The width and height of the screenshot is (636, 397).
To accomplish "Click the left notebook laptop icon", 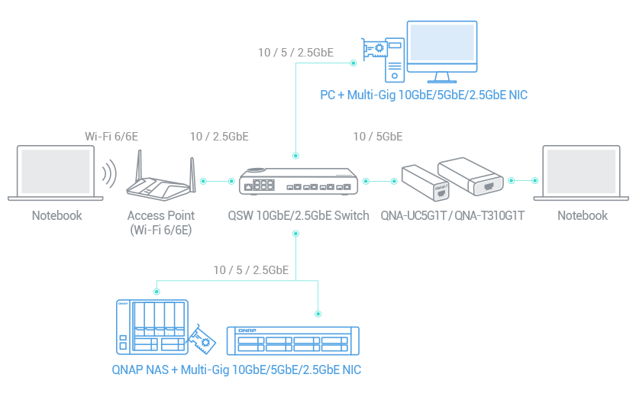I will (56, 173).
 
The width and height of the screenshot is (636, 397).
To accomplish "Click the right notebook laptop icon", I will (581, 173).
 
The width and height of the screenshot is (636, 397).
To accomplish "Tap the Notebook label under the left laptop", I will (56, 215).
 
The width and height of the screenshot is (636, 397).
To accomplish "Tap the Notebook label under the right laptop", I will (583, 215).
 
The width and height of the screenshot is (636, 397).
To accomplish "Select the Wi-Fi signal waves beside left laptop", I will (110, 174).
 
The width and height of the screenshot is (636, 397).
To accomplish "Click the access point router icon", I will (161, 177).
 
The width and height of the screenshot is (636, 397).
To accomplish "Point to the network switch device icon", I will (299, 182).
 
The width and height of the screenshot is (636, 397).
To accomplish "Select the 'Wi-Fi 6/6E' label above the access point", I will (111, 137).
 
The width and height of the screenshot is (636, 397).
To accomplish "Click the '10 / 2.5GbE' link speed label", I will (219, 137).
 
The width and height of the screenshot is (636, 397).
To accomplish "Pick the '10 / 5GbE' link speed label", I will (378, 137).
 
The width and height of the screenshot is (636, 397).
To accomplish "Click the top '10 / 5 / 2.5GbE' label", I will (295, 53).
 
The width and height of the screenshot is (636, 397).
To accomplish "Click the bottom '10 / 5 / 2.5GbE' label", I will (251, 270).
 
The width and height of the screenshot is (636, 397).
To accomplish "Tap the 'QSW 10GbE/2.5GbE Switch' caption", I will (299, 215).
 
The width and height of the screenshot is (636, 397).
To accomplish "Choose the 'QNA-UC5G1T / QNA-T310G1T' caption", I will (452, 215).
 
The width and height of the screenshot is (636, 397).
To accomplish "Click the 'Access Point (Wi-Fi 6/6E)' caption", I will (161, 222).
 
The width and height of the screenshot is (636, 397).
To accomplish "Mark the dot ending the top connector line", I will (353, 63).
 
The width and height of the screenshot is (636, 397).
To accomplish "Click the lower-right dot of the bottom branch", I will (318, 314).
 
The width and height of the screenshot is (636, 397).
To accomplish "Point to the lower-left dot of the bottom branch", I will (157, 291).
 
